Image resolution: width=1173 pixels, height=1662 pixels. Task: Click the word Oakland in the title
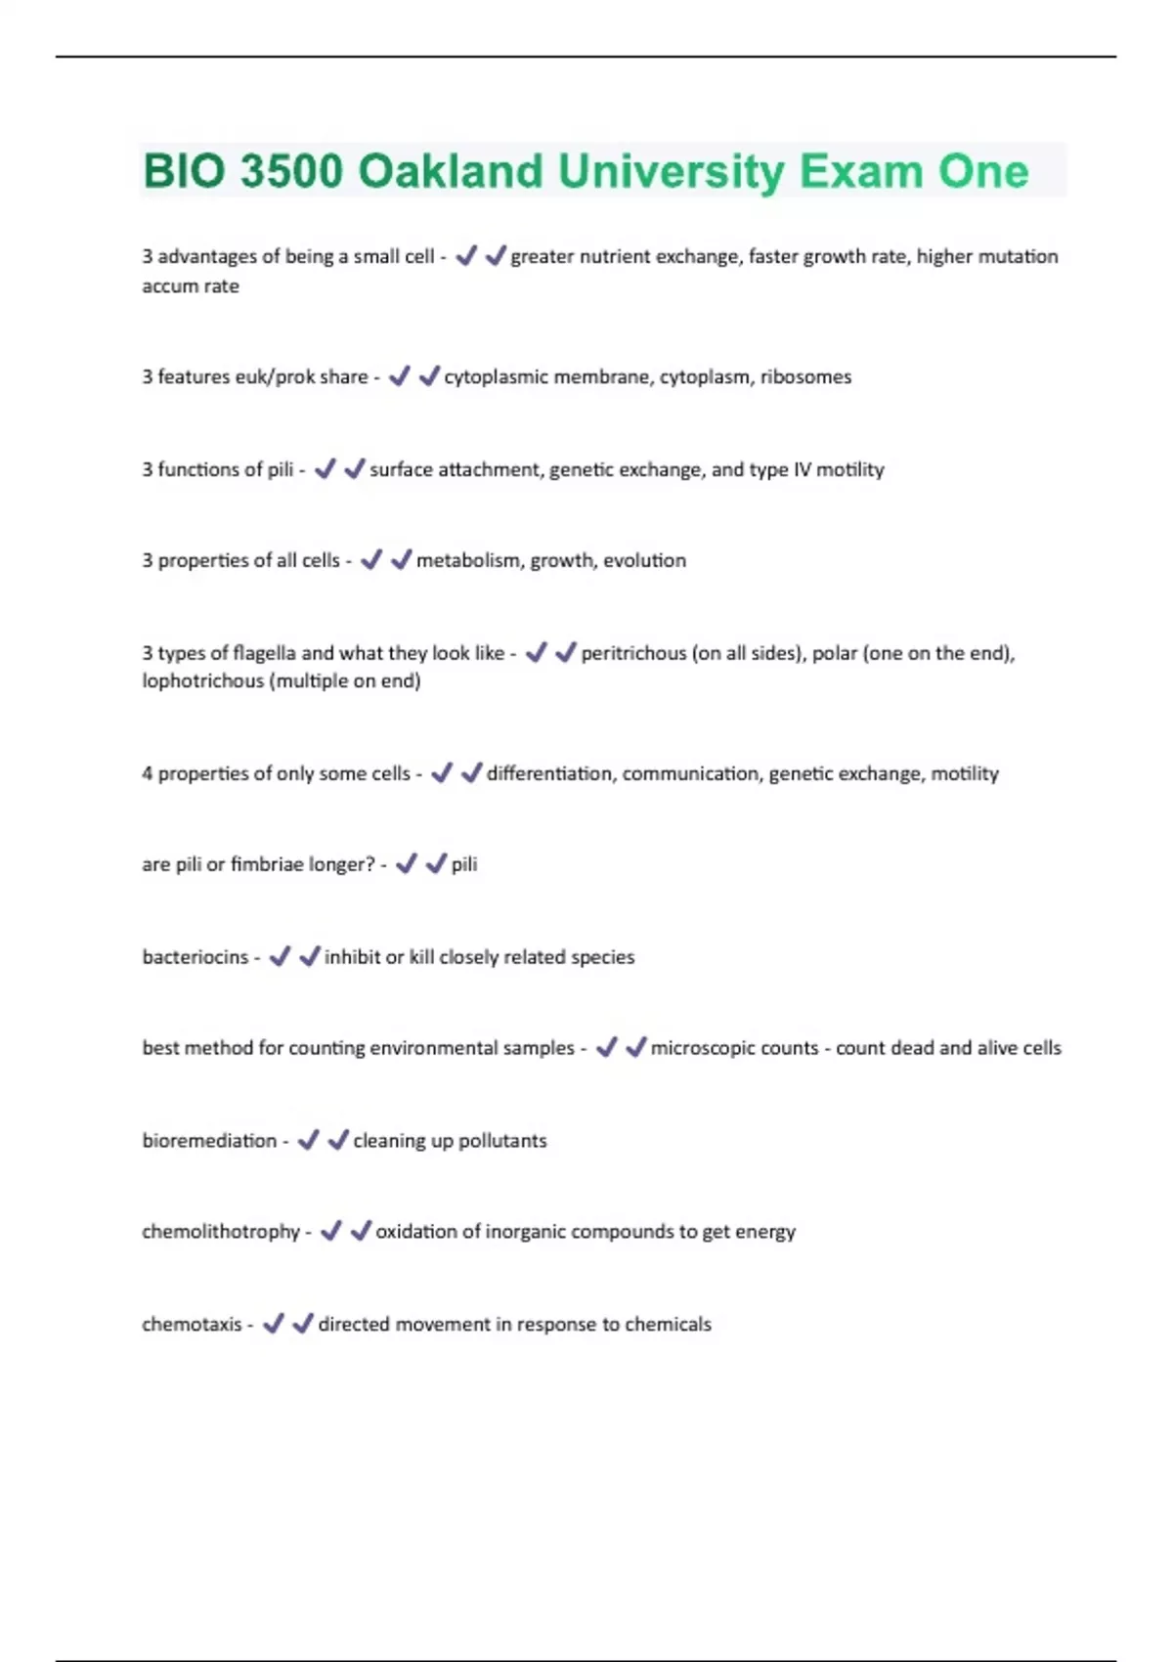coord(451,172)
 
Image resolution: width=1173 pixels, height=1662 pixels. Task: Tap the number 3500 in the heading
coord(291,172)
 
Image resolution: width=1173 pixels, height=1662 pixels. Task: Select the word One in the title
coord(982,172)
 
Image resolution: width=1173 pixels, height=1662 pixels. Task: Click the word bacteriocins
coord(195,957)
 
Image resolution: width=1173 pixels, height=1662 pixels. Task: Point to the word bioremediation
coord(209,1141)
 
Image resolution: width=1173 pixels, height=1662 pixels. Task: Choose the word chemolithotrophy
coord(221,1232)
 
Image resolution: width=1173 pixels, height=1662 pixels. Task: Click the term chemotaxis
coord(192,1325)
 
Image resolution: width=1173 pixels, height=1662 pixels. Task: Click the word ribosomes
coord(805,377)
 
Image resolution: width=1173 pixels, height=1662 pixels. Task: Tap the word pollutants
coord(502,1141)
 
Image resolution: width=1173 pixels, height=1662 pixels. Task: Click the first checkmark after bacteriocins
coord(280,956)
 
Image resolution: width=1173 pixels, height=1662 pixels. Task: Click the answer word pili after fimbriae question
coord(464,864)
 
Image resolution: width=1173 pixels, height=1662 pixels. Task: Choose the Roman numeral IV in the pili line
coord(802,470)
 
